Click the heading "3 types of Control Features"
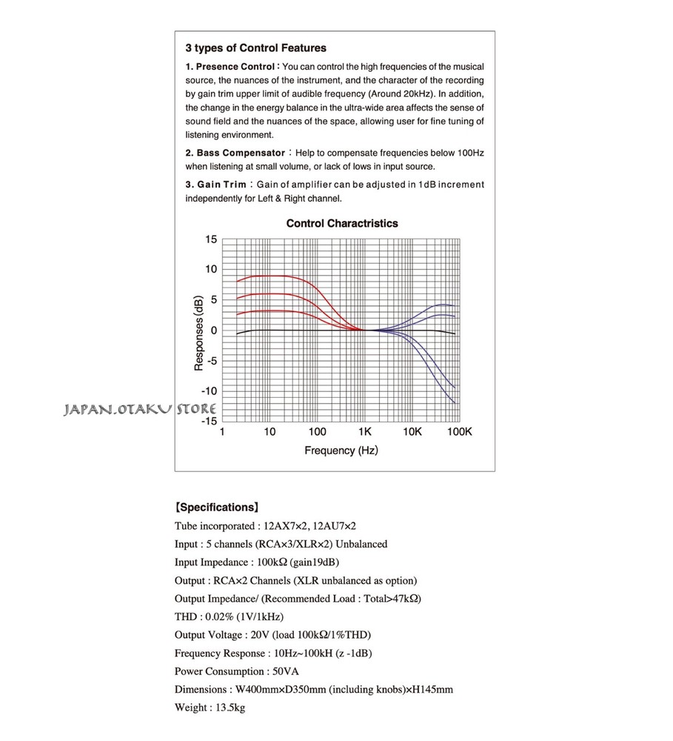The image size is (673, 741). point(255,48)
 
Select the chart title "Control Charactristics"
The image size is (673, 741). point(342,223)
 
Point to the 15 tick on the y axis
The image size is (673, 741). point(211,239)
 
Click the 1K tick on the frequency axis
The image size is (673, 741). point(364,432)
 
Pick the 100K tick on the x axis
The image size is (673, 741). point(459,432)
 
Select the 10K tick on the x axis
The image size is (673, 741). point(412,432)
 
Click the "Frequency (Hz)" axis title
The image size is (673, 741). point(341,451)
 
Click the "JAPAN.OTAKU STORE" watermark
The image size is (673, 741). point(140,409)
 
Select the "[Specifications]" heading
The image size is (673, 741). point(216,508)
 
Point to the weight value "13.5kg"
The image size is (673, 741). point(230,708)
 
